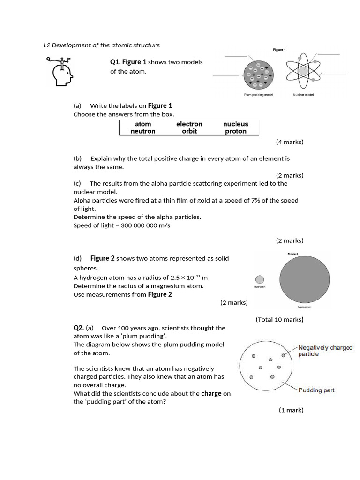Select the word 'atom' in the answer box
point(143,124)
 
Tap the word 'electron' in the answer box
point(189,124)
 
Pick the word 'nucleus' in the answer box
point(236,124)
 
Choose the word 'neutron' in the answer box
point(143,132)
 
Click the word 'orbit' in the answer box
point(189,132)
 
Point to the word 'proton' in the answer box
point(236,132)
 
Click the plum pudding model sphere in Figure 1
point(258,75)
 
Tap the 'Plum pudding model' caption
point(258,95)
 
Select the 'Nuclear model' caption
point(303,95)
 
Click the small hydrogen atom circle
point(259,279)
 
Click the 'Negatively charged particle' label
point(325,351)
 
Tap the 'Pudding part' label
point(316,390)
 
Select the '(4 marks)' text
point(289,142)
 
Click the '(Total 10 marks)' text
point(279,320)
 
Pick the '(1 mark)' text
point(291,410)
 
